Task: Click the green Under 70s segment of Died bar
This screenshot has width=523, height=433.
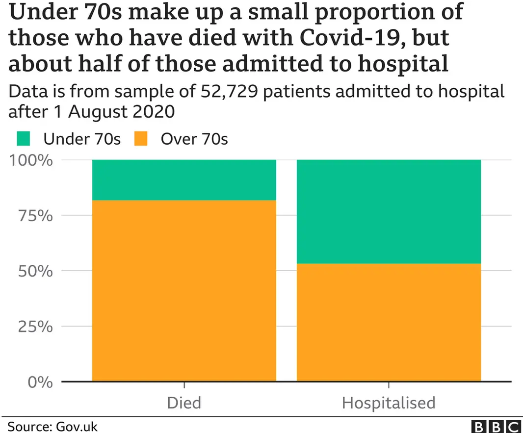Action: (184, 180)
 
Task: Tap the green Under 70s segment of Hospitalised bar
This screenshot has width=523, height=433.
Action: (389, 211)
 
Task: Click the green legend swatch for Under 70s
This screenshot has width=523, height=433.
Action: (23, 139)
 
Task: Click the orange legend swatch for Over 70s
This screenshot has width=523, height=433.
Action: (140, 139)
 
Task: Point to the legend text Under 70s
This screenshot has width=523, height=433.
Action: (82, 139)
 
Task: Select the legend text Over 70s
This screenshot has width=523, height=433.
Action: (194, 139)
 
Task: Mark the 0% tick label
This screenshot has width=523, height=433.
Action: (39, 382)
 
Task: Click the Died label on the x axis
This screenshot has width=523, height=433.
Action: (184, 403)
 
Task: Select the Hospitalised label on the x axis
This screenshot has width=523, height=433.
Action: (389, 403)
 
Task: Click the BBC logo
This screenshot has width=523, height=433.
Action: (496, 426)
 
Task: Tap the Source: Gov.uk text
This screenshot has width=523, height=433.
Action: (52, 426)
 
